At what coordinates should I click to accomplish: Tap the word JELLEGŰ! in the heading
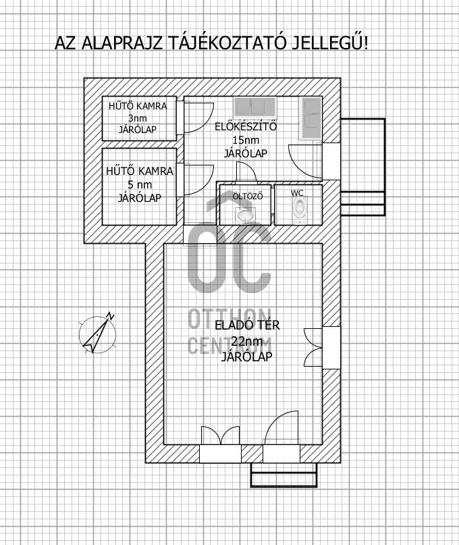pyautogui.click(x=329, y=43)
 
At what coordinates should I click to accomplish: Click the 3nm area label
pyautogui.click(x=138, y=118)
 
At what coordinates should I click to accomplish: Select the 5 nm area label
pyautogui.click(x=139, y=184)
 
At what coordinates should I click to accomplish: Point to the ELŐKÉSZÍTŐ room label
pyautogui.click(x=246, y=126)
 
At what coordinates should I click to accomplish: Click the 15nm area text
pyautogui.click(x=246, y=140)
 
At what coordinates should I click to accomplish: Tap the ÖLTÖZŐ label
pyautogui.click(x=248, y=196)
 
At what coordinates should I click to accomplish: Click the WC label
pyautogui.click(x=297, y=193)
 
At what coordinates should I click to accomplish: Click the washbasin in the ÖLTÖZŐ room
pyautogui.click(x=245, y=215)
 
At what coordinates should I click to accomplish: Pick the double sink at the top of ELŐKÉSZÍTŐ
pyautogui.click(x=255, y=107)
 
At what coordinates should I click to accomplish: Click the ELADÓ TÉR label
pyautogui.click(x=247, y=326)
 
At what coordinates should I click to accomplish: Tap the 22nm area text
pyautogui.click(x=247, y=342)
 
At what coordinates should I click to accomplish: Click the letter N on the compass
pyautogui.click(x=111, y=316)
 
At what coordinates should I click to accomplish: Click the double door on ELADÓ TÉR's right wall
pyautogui.click(x=313, y=347)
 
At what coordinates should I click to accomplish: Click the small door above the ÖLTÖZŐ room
pyautogui.click(x=246, y=172)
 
